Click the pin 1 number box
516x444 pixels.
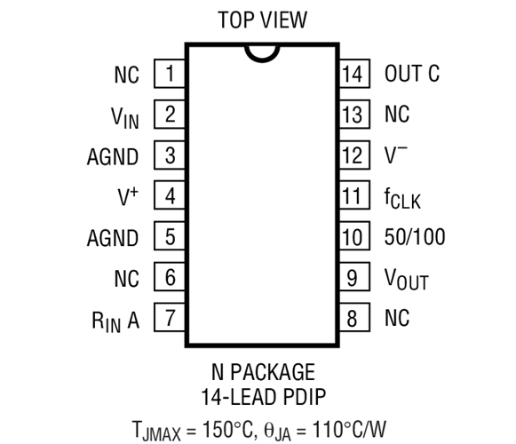click(x=170, y=74)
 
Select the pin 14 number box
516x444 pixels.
click(x=354, y=74)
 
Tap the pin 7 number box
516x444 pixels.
click(x=170, y=317)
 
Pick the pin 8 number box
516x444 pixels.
click(x=354, y=317)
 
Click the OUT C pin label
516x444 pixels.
click(x=412, y=74)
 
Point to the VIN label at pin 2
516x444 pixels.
click(x=124, y=117)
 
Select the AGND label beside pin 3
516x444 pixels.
click(x=113, y=156)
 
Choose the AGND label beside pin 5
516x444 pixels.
click(x=113, y=238)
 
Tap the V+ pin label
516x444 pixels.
click(x=128, y=196)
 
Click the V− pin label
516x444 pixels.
click(x=396, y=155)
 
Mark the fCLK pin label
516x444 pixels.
click(x=402, y=198)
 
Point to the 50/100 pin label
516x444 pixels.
click(x=415, y=236)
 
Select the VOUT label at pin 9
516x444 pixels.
click(x=407, y=279)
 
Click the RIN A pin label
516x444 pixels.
click(x=115, y=321)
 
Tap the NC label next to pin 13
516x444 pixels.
click(x=397, y=115)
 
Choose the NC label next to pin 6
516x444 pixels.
click(x=127, y=279)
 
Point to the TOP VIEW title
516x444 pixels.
click(x=263, y=20)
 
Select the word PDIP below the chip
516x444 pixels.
click(x=304, y=397)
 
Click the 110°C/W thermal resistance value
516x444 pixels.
click(x=349, y=429)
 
